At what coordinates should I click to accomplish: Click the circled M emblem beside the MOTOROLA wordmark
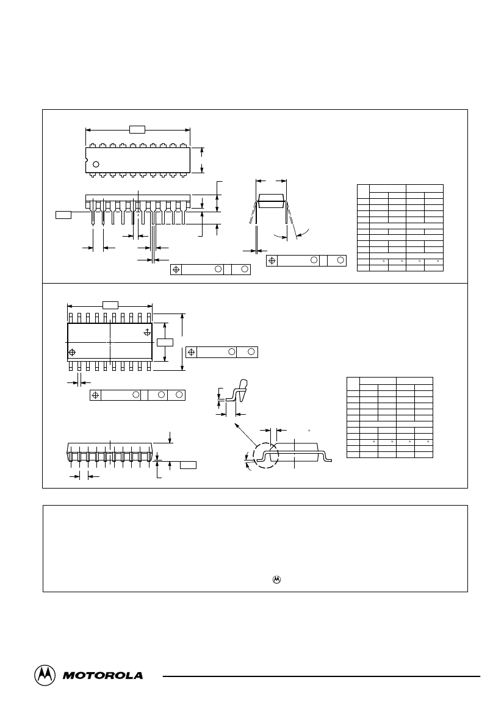[45, 675]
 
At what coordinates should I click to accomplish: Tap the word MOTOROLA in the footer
[103, 676]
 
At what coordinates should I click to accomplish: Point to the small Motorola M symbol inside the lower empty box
[276, 580]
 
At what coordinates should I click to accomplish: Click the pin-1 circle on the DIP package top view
[96, 164]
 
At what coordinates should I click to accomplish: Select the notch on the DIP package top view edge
[87, 160]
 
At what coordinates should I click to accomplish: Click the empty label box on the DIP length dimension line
[137, 129]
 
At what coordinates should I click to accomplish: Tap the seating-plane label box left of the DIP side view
[63, 215]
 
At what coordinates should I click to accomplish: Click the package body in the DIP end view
[271, 201]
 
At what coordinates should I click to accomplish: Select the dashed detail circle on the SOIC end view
[265, 455]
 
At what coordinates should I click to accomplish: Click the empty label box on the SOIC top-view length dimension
[110, 305]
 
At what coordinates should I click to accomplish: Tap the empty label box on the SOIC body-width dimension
[165, 342]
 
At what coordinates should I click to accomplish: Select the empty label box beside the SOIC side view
[189, 465]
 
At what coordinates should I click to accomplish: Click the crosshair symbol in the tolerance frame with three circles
[96, 395]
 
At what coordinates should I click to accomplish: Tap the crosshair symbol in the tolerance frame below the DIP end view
[272, 260]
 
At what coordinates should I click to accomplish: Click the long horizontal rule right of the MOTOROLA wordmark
[322, 676]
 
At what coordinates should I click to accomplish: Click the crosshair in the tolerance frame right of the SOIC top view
[192, 352]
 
